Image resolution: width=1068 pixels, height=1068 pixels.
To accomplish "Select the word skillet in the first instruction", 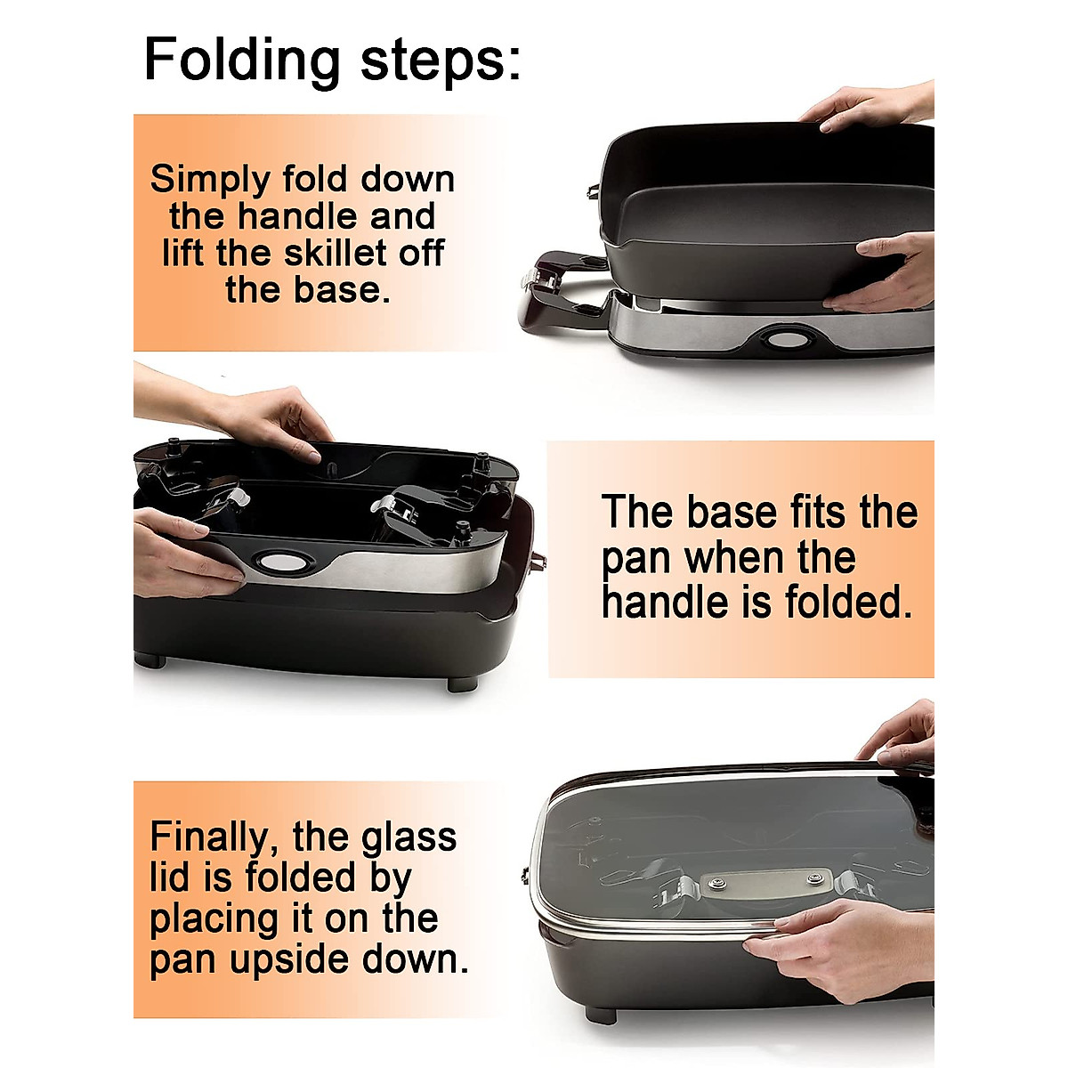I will [x=339, y=254].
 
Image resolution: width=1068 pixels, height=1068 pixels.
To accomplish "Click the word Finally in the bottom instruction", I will [x=211, y=837].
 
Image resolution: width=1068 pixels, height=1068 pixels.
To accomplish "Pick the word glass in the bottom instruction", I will [x=409, y=837].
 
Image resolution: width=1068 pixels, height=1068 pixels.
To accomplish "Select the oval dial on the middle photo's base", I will [x=276, y=562].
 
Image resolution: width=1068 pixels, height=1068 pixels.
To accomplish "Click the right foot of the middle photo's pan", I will [x=462, y=683].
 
